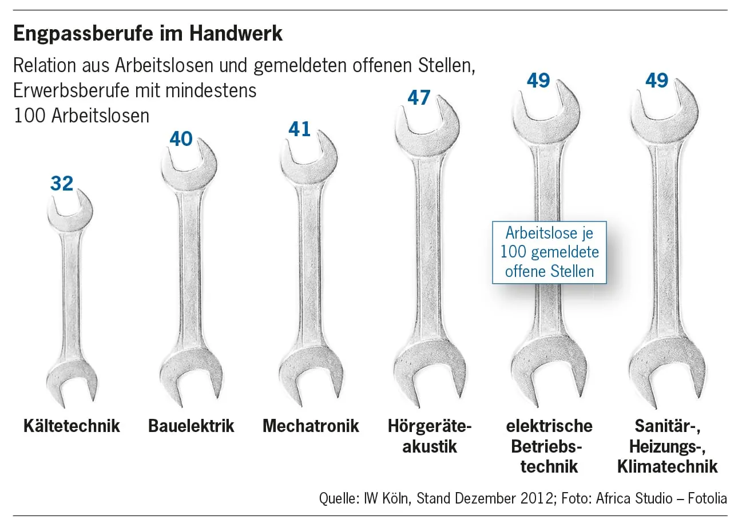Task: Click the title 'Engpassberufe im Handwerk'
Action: (148, 34)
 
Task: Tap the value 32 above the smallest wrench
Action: (62, 183)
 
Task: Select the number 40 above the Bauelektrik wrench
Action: (181, 138)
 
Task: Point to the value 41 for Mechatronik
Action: (299, 129)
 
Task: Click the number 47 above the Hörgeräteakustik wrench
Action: (419, 97)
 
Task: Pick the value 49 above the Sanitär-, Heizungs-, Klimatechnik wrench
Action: (657, 80)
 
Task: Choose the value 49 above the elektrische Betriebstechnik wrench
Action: (538, 80)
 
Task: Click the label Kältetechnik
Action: (72, 426)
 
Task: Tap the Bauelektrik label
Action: (191, 426)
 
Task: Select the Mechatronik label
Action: (311, 426)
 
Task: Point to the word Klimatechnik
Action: (667, 466)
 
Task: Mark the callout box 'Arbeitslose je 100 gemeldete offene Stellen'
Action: (549, 252)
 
